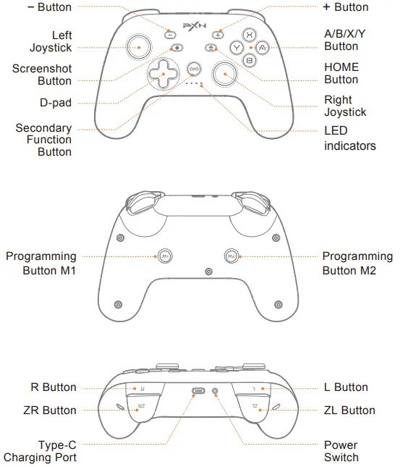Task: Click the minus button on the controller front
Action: (170, 34)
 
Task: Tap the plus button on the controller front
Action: (218, 34)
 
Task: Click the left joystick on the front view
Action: (137, 47)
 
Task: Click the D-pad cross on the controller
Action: (163, 72)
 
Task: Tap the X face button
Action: (248, 34)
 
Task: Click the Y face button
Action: (235, 47)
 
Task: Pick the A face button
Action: (262, 47)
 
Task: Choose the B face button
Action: (248, 60)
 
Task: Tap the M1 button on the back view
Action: (166, 256)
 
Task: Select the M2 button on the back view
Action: (231, 256)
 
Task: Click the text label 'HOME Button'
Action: (341, 73)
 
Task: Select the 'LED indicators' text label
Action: (349, 138)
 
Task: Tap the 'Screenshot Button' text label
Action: (42, 75)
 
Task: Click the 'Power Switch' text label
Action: (341, 451)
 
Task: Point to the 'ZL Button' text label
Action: (348, 411)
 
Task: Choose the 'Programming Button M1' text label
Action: (41, 264)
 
